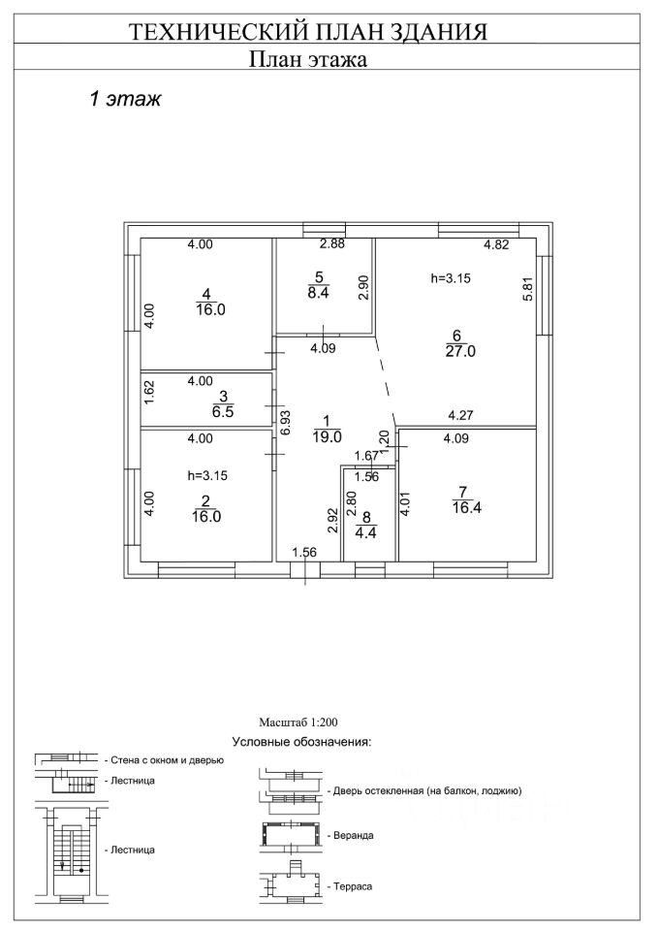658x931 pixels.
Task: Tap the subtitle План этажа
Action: (307, 60)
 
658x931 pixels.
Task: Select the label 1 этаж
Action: (124, 99)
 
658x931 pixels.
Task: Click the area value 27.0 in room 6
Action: (460, 352)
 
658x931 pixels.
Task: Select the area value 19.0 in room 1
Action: (326, 437)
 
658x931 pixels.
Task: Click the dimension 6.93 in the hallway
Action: (283, 424)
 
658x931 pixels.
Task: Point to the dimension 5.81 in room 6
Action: (528, 290)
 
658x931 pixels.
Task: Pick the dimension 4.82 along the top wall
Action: (496, 245)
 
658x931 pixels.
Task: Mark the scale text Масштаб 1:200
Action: (298, 722)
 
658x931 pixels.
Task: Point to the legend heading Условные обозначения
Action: (302, 742)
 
